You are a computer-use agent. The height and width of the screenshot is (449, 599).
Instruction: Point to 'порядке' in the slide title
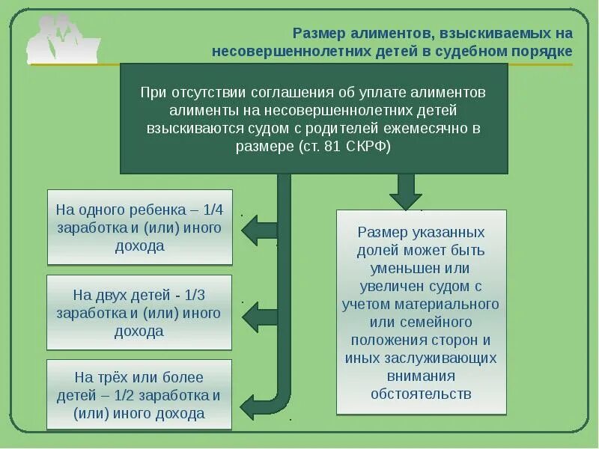point(536,51)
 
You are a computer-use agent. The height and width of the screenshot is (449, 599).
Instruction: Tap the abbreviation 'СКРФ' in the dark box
point(368,146)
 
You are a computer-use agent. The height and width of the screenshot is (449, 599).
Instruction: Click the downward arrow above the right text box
point(406,192)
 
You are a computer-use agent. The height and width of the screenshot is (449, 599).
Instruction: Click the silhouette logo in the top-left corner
point(63,37)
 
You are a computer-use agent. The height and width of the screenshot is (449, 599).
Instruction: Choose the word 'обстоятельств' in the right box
point(421,394)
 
